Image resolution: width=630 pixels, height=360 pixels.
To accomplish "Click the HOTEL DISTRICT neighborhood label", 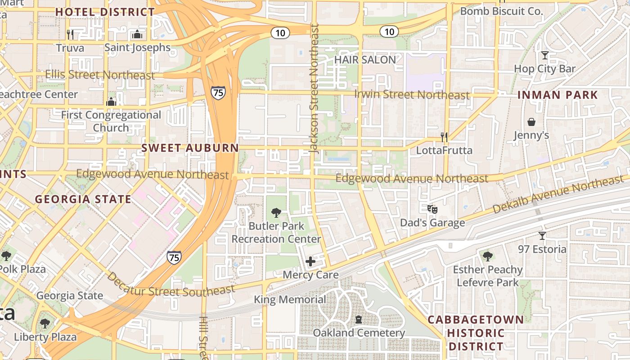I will click(x=105, y=12).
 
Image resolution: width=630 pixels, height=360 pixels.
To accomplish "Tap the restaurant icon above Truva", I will click(x=70, y=34).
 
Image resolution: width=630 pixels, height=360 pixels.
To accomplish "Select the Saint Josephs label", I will click(x=137, y=47).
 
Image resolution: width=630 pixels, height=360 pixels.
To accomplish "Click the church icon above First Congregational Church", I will click(x=111, y=102).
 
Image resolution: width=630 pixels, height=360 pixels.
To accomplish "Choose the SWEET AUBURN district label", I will click(x=190, y=148).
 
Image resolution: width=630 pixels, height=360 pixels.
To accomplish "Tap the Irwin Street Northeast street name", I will click(x=412, y=94).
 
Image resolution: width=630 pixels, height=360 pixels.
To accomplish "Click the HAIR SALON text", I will click(x=365, y=59).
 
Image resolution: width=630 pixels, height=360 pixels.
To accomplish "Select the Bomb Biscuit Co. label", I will click(x=502, y=11).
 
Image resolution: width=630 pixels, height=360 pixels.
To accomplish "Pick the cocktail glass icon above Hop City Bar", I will click(x=545, y=55).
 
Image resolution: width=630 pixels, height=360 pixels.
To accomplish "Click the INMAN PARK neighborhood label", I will click(x=558, y=95).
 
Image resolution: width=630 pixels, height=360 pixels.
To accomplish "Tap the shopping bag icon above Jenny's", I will click(x=531, y=122).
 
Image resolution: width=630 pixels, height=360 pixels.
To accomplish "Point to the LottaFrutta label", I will click(x=444, y=150).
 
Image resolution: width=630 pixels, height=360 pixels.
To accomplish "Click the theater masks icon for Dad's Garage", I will click(x=432, y=209).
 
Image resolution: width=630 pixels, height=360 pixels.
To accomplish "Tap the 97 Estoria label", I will click(x=542, y=249).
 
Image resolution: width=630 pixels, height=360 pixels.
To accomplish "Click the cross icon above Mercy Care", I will click(x=310, y=261).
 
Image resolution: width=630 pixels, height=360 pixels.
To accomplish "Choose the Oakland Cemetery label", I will click(x=359, y=333).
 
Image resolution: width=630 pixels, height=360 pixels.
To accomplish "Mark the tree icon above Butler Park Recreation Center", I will click(x=277, y=212).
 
